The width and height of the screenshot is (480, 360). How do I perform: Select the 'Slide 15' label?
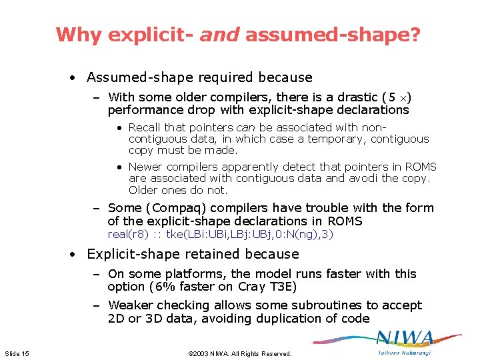point(17,353)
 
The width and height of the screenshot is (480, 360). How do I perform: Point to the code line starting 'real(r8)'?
point(220,234)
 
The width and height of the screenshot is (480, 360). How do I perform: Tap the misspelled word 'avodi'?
point(376,178)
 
